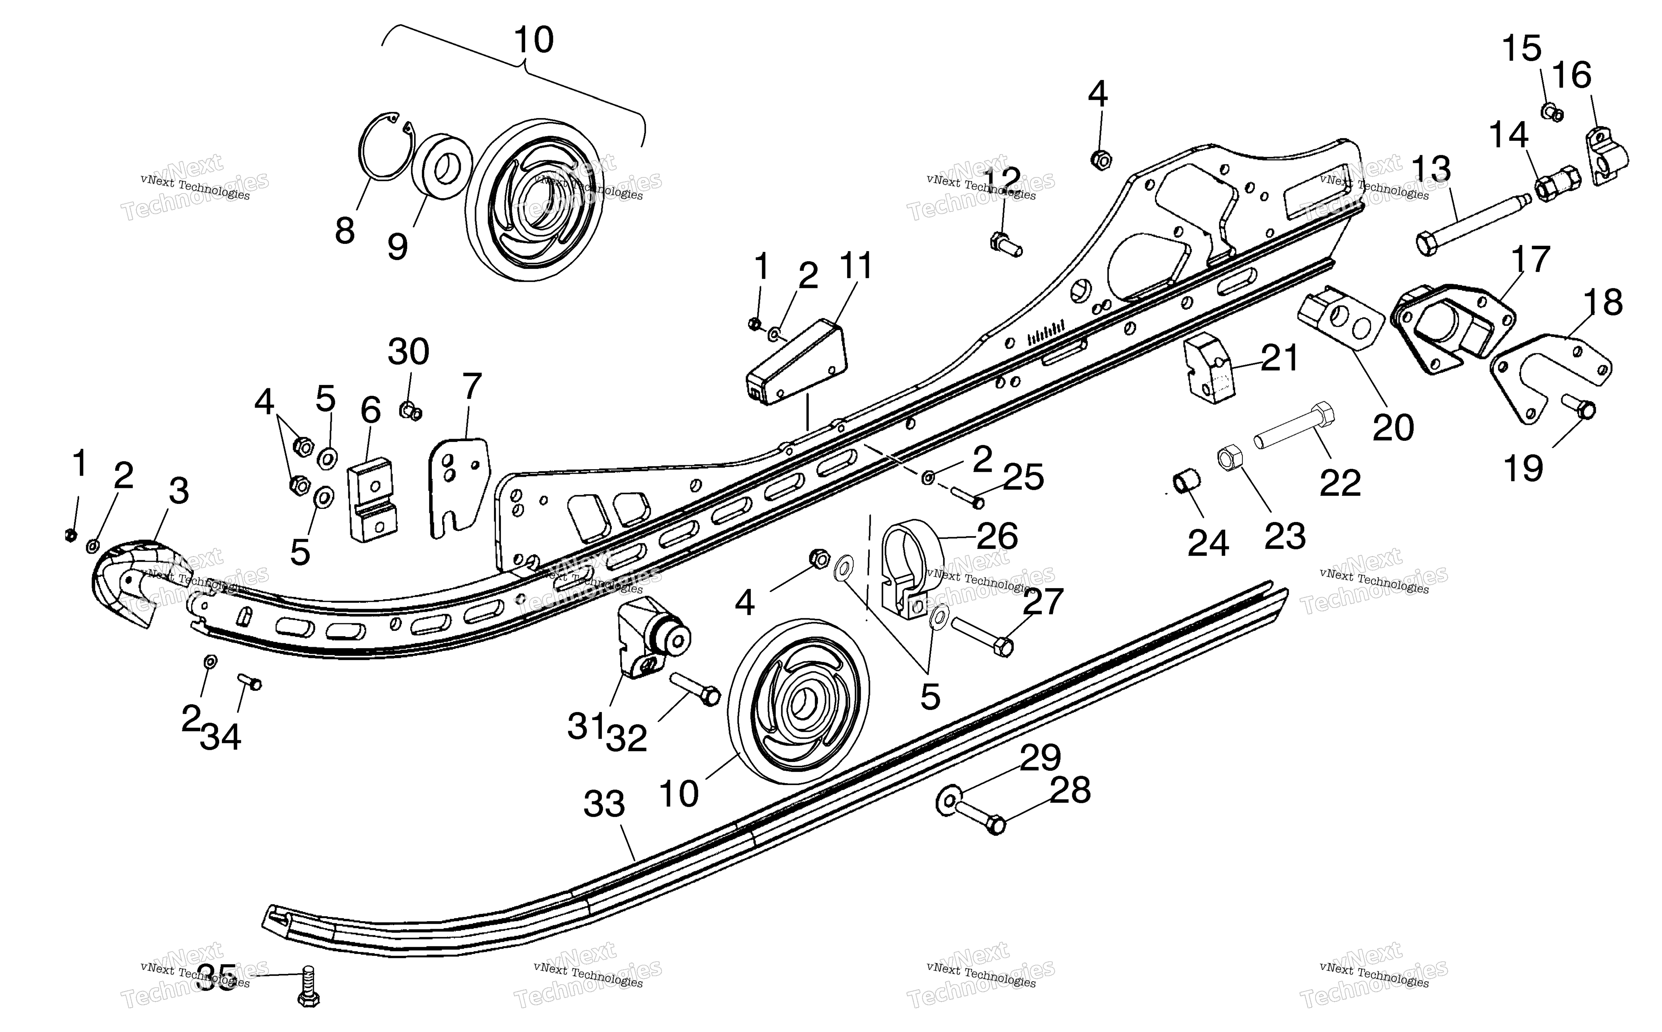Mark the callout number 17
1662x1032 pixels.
[x=1530, y=260]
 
